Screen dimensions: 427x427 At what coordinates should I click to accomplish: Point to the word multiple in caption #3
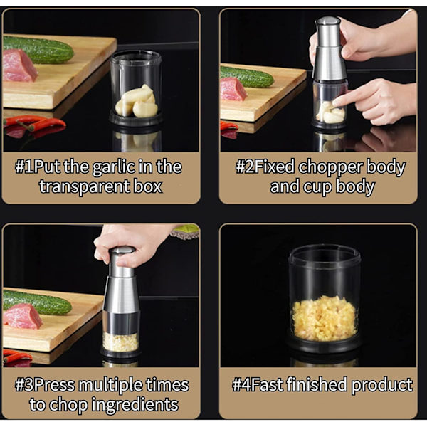(110, 385)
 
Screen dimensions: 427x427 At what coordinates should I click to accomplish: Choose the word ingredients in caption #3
(135, 405)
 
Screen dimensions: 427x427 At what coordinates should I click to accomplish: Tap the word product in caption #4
(381, 385)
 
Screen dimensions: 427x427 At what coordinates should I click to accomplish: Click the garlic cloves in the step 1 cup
(137, 102)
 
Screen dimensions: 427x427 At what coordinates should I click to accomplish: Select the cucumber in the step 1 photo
(38, 50)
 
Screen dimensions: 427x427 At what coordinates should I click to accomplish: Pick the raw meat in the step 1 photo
(20, 66)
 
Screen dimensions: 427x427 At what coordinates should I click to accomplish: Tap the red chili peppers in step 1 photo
(34, 123)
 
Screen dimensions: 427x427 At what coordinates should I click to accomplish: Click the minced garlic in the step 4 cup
(324, 318)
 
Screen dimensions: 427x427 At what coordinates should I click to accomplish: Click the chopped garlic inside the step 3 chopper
(121, 342)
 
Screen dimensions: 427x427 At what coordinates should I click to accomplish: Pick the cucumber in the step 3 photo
(38, 302)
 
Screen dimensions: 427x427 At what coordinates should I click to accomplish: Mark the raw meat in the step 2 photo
(233, 89)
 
